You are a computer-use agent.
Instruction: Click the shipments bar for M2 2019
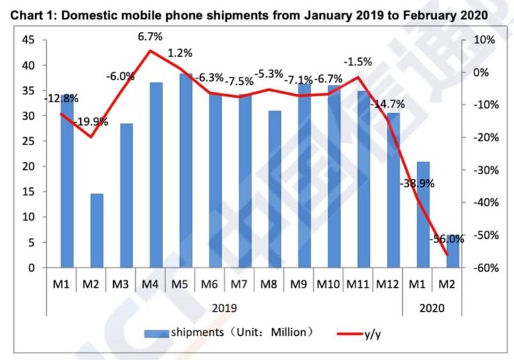pos(97,231)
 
